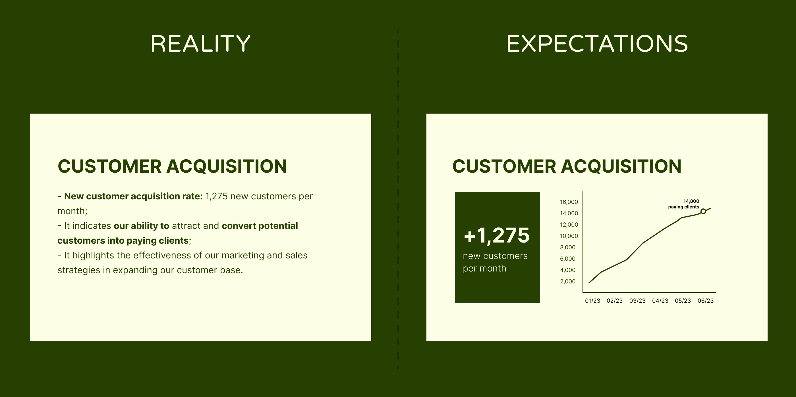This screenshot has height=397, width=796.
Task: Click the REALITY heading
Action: [x=200, y=43]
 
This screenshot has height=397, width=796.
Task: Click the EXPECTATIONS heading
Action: [x=597, y=43]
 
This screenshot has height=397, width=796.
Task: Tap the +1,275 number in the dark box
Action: [x=497, y=235]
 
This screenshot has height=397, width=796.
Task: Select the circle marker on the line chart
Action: [x=703, y=212]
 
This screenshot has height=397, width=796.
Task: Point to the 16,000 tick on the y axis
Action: [x=569, y=202]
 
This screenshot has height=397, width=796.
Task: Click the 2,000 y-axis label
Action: [x=568, y=281]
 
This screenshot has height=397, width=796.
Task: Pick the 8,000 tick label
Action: [x=568, y=247]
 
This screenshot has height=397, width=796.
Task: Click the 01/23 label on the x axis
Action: [x=592, y=301]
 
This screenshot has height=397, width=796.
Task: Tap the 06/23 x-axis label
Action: [x=706, y=301]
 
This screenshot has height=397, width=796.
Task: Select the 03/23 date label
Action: [x=637, y=301]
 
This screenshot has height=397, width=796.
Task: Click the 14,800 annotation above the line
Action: [x=691, y=201]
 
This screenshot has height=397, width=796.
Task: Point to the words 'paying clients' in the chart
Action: [x=683, y=207]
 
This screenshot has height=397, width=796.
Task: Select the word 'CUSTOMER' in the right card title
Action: [x=504, y=166]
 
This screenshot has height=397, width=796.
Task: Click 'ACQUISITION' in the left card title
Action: [x=227, y=166]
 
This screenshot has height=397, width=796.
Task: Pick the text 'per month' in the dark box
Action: [x=484, y=269]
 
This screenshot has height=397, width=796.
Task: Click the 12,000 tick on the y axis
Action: [x=569, y=225]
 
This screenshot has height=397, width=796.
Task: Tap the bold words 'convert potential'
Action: [x=260, y=226]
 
